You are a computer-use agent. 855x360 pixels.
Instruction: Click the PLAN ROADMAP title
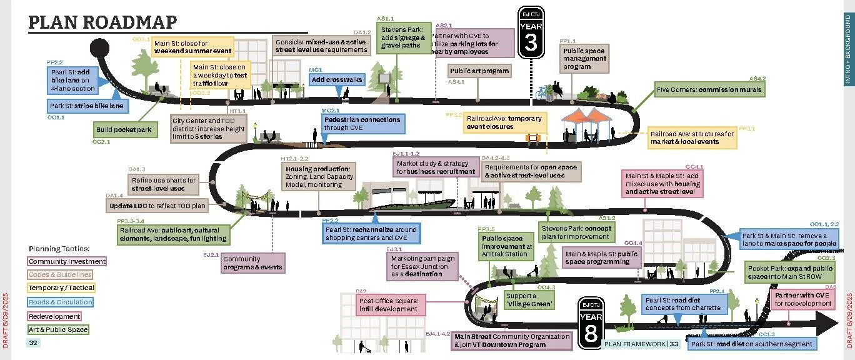click(x=103, y=22)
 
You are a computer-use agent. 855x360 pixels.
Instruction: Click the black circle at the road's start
click(x=101, y=48)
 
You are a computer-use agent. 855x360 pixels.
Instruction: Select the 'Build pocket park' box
click(x=123, y=130)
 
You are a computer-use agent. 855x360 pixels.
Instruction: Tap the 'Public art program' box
click(x=479, y=71)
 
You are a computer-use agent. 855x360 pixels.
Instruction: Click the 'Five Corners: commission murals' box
click(x=709, y=90)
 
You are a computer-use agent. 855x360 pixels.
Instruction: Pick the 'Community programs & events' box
click(x=252, y=263)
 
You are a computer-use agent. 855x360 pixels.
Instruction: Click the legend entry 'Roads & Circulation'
click(x=61, y=302)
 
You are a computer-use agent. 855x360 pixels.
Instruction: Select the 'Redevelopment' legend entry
click(x=54, y=316)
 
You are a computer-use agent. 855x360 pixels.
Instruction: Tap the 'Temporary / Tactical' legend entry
click(x=61, y=288)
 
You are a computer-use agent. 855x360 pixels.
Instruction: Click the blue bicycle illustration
click(x=542, y=92)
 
